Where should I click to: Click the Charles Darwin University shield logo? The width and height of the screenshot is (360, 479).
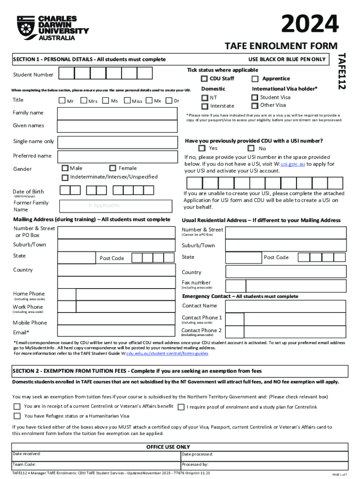pos(26,27)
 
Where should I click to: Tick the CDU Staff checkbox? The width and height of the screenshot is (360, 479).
pos(204,79)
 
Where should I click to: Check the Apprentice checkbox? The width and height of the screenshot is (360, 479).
pos(255,79)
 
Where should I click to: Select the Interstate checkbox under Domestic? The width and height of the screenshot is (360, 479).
pos(205,106)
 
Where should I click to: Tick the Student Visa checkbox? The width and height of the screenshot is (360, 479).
pos(254,97)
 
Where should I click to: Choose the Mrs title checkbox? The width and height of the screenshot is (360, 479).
pos(84,101)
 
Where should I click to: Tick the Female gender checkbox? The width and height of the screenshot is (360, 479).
pos(113,168)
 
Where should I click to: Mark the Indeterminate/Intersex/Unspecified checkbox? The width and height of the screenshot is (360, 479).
pos(65,177)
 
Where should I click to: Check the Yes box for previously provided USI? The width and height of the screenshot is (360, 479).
pos(202,148)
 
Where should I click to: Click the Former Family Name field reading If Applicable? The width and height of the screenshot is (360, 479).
pos(104,205)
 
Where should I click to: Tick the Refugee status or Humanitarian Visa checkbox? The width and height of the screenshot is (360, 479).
pos(17,416)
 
